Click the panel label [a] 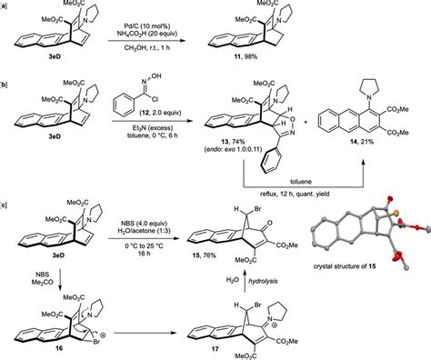[6, 7]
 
